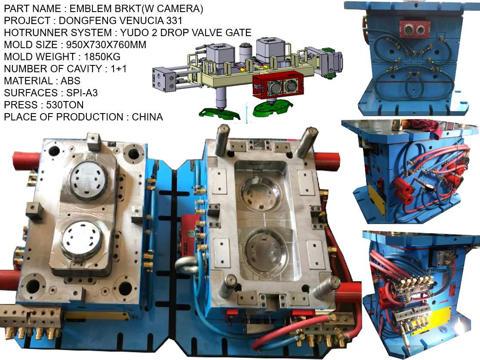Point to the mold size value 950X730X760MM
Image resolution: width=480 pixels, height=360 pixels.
click(106, 45)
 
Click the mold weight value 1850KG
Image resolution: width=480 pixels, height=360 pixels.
click(102, 57)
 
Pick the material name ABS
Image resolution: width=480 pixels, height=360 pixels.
click(71, 81)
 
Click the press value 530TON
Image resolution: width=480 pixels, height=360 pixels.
click(65, 105)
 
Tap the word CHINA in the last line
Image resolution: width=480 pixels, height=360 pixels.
click(147, 117)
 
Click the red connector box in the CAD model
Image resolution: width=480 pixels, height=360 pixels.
click(278, 86)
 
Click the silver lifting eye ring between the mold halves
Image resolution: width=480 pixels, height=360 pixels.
click(188, 265)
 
